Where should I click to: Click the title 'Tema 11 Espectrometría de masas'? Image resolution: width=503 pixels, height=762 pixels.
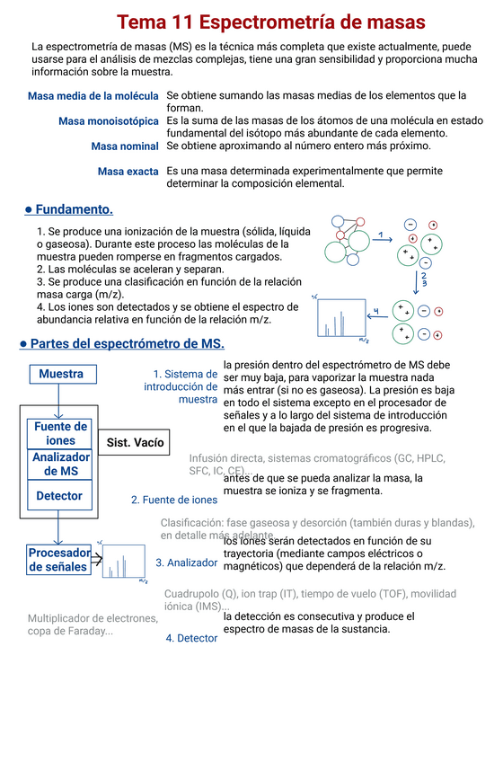tap(270, 22)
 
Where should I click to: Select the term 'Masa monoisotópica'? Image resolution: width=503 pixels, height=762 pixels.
tap(109, 120)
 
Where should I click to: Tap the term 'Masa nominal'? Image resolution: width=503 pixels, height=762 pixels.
tap(125, 146)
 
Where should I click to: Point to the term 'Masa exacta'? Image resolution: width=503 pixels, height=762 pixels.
tap(128, 171)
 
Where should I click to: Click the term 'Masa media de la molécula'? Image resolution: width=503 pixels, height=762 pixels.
tap(93, 96)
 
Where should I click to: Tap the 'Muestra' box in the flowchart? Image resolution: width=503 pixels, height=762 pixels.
tap(61, 374)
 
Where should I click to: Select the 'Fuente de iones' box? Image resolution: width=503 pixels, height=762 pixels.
tap(60, 433)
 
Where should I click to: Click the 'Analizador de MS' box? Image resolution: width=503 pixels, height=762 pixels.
tap(60, 464)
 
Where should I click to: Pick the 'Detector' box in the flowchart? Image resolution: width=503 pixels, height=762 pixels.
tap(59, 496)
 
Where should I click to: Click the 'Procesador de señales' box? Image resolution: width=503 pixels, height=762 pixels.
tap(59, 559)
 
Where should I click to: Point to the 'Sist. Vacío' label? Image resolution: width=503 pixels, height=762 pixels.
tap(135, 443)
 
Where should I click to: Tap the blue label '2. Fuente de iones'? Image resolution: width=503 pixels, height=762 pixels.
tap(174, 500)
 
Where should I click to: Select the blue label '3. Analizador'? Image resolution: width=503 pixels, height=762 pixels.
tap(186, 563)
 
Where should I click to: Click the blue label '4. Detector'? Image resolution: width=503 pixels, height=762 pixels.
tap(191, 638)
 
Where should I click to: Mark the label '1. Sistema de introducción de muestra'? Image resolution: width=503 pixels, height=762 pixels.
tap(181, 386)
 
